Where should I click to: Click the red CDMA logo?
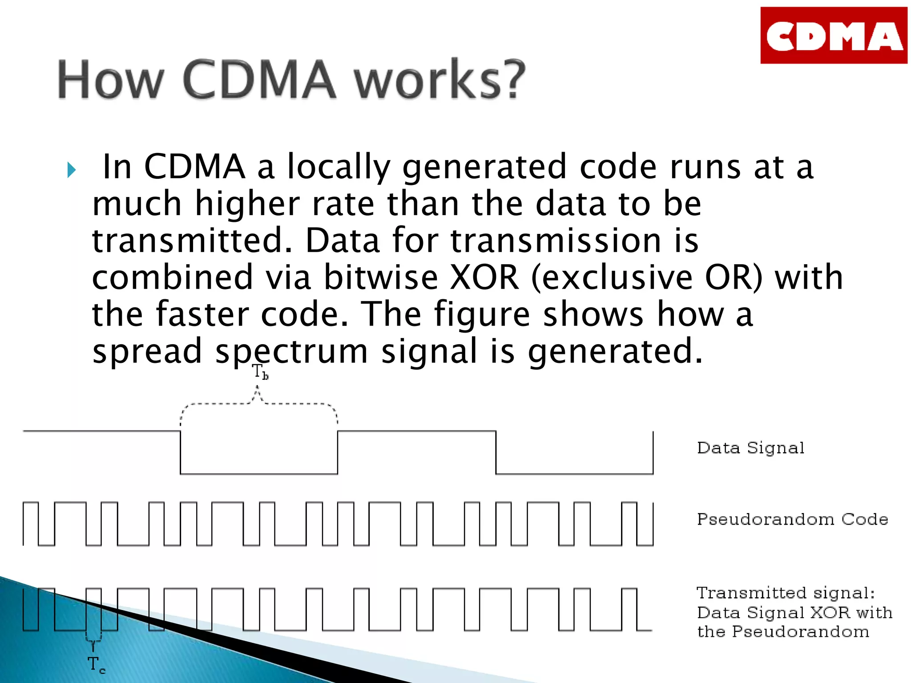(834, 36)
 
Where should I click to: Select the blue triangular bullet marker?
(71, 170)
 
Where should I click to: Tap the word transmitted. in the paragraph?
(192, 241)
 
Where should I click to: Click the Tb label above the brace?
(260, 372)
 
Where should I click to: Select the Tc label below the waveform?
(96, 664)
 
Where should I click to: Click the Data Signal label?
(750, 448)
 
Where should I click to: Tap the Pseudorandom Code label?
(792, 519)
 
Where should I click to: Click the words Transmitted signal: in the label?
(785, 593)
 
